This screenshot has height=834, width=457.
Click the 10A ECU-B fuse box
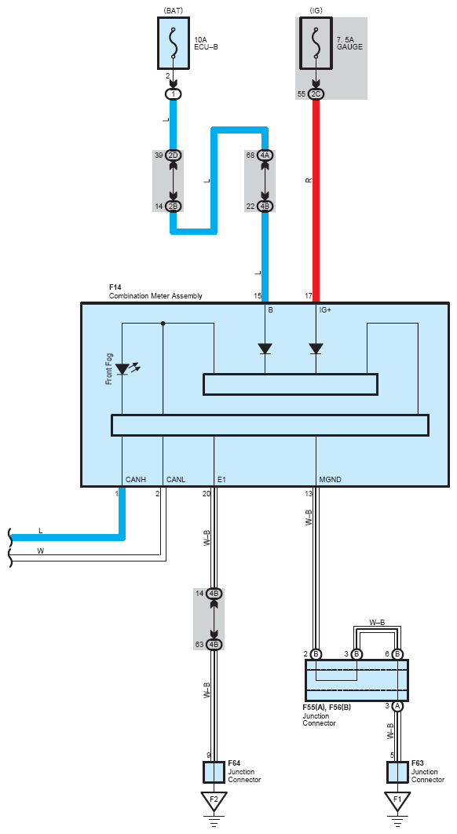[173, 43]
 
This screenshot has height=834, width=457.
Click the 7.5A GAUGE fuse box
[316, 43]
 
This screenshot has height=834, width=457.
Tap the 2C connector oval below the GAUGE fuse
[316, 94]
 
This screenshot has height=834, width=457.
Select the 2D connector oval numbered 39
[174, 155]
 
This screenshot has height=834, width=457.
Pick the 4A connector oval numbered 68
[265, 155]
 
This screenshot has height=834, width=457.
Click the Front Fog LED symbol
[123, 368]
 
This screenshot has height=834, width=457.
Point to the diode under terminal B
[265, 349]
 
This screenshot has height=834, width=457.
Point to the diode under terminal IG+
[316, 349]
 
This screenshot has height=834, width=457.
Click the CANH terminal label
[136, 480]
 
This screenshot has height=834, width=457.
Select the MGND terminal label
[331, 480]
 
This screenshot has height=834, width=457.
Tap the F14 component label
[115, 287]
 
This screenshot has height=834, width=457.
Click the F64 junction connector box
[214, 772]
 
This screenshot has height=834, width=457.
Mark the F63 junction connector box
[397, 772]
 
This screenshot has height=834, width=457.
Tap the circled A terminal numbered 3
[397, 706]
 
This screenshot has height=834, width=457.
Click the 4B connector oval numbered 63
[214, 645]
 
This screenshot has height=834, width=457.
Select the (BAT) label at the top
[174, 10]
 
